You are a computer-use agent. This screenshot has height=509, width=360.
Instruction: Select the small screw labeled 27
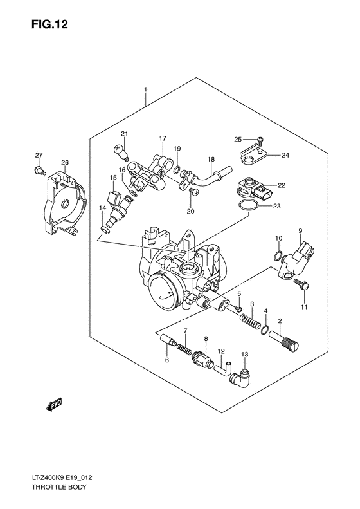pos(39,170)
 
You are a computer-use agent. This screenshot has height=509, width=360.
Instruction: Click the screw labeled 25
pos(259,140)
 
